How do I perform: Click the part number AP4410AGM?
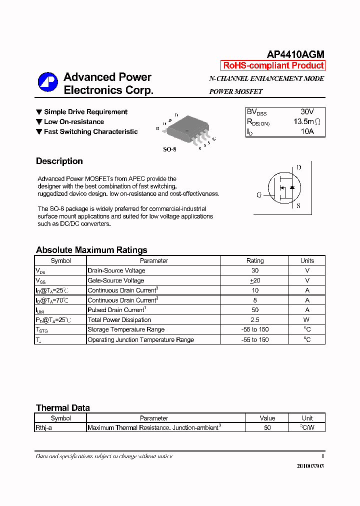(295, 55)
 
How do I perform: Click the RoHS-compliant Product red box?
(273, 65)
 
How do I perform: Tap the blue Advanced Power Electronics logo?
(48, 83)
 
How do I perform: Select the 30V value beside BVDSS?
(307, 111)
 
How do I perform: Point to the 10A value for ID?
(307, 131)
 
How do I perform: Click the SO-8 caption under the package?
(170, 149)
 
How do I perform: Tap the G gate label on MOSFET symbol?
(259, 195)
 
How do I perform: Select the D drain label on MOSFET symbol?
(298, 167)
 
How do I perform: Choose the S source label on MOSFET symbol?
(298, 205)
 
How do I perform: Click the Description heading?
(59, 161)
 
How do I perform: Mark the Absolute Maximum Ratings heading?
(91, 250)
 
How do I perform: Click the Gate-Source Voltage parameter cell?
(116, 280)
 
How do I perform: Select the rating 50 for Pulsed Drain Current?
(255, 310)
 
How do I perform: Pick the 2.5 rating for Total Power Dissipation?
(255, 320)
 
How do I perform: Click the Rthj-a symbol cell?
(47, 428)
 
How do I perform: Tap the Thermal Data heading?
(63, 408)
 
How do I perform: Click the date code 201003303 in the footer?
(310, 465)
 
